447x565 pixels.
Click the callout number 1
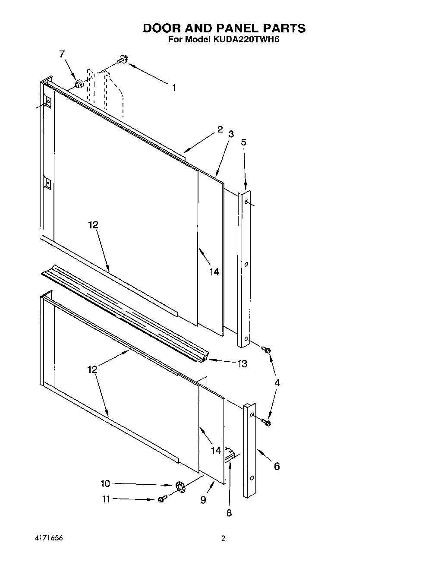[174, 88]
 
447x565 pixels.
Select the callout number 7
[62, 54]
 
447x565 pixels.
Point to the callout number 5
[244, 142]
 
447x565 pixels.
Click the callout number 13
[242, 364]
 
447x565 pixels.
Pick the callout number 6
[277, 466]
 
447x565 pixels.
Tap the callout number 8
[229, 513]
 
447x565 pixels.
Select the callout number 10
[105, 483]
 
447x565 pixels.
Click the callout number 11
[106, 499]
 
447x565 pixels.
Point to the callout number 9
[203, 500]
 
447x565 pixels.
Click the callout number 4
[277, 383]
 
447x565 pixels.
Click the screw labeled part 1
[123, 60]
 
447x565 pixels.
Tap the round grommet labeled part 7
[79, 84]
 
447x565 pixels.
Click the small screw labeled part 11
[162, 499]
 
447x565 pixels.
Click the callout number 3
[231, 134]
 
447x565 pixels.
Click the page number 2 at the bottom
[223, 538]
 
